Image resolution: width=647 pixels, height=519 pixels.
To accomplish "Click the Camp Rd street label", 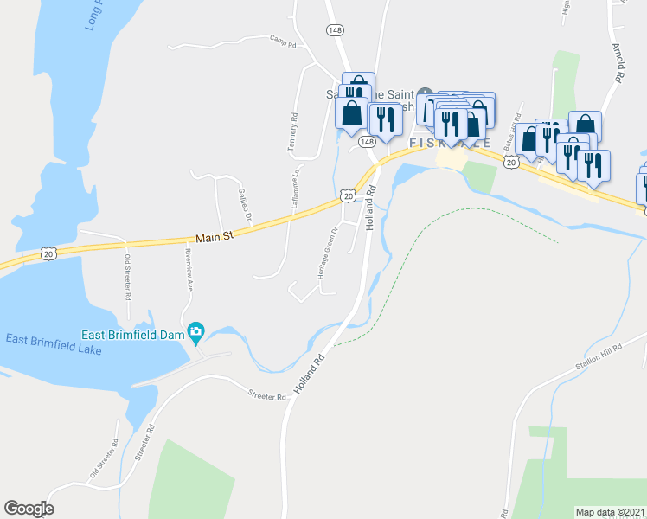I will pyautogui.click(x=283, y=40).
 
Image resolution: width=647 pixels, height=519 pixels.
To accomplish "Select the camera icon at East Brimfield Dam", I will pyautogui.click(x=196, y=331).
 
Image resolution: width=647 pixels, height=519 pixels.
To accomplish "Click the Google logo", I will pyautogui.click(x=29, y=509).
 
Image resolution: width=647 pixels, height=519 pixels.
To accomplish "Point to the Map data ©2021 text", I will pyautogui.click(x=611, y=512).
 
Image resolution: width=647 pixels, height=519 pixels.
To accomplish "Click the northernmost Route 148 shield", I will pyautogui.click(x=335, y=30).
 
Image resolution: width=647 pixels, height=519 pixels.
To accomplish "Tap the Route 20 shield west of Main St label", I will pyautogui.click(x=48, y=253).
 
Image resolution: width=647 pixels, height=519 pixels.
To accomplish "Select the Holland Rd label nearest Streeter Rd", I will pyautogui.click(x=308, y=374).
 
